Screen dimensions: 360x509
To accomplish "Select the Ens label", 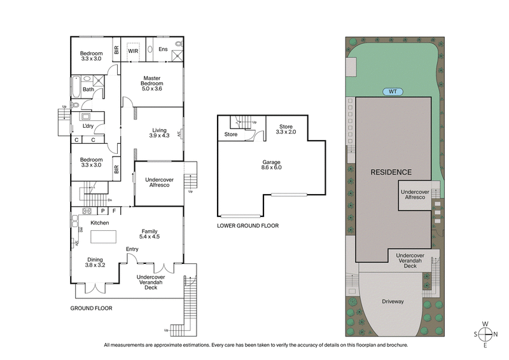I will (162, 49).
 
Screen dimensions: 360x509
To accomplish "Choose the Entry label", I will (132, 249).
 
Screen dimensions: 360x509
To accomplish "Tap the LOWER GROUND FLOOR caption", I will (248, 226).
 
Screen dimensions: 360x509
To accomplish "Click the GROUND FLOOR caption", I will (92, 308).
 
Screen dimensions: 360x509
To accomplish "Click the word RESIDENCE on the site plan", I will (391, 172).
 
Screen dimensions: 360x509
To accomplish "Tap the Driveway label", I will (393, 301).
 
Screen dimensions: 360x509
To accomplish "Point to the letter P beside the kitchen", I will (102, 211).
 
